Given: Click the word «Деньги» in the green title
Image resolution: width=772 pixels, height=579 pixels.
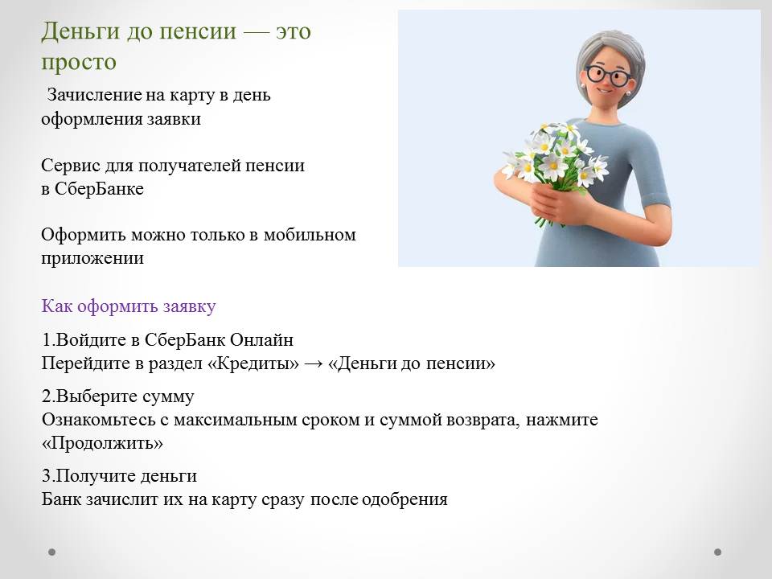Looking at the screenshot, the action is pyautogui.click(x=80, y=32).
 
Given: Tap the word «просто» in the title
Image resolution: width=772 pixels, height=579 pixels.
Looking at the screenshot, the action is pyautogui.click(x=79, y=63).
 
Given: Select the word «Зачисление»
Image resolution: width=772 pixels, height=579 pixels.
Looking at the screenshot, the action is pyautogui.click(x=93, y=95).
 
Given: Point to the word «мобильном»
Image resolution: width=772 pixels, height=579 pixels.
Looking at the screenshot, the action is pyautogui.click(x=310, y=234).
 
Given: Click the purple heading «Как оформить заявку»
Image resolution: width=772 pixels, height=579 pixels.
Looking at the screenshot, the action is pyautogui.click(x=129, y=306).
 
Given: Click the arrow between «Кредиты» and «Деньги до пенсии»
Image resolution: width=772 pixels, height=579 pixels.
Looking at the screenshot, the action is pyautogui.click(x=314, y=364).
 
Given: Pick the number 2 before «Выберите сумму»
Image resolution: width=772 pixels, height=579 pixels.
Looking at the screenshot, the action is pyautogui.click(x=47, y=396).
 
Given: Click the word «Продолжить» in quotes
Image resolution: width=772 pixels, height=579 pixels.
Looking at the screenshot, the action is pyautogui.click(x=102, y=443).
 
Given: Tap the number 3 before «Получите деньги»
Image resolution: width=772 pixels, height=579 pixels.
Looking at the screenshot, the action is pyautogui.click(x=47, y=476).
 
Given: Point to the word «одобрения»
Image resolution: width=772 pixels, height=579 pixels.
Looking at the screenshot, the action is pyautogui.click(x=404, y=499).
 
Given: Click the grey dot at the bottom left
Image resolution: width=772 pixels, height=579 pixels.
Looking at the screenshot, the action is pyautogui.click(x=51, y=552).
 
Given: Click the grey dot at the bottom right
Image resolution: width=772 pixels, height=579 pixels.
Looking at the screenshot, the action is pyautogui.click(x=718, y=552).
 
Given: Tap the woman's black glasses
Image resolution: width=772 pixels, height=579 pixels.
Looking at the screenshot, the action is pyautogui.click(x=609, y=76).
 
